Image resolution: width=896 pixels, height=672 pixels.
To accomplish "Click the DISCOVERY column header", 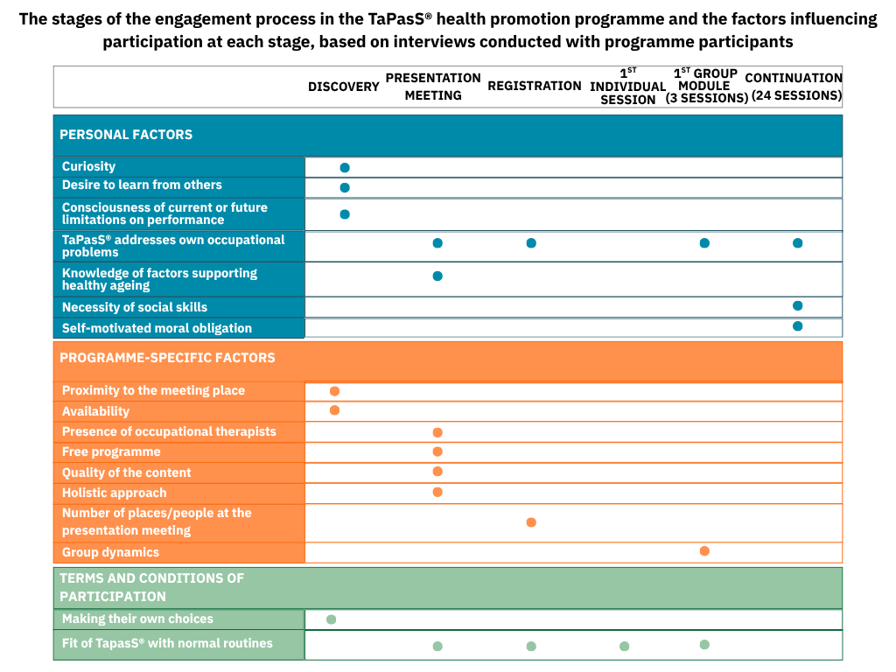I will click(x=343, y=87).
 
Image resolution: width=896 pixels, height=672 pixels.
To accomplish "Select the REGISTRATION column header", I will click(x=534, y=86).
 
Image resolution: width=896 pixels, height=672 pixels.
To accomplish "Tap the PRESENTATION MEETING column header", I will click(x=433, y=87).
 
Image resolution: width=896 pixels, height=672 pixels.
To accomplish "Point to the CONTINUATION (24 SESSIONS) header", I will click(x=794, y=87).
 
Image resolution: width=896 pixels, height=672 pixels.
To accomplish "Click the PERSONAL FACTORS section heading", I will click(x=126, y=135).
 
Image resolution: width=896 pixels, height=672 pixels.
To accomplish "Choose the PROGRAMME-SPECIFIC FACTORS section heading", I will click(x=167, y=358).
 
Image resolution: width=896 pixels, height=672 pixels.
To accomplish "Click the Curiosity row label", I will click(x=88, y=166).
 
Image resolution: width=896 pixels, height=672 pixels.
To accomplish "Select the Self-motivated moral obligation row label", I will click(x=157, y=328).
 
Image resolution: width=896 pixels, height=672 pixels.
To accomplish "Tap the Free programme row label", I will click(x=111, y=452).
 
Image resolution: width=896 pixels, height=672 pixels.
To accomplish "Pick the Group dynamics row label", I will click(x=110, y=552).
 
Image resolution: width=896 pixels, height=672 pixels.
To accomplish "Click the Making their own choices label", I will click(x=137, y=619).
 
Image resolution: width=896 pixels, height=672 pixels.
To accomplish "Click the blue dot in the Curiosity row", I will click(x=345, y=167).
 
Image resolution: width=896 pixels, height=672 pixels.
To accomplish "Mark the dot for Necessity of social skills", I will click(x=797, y=305).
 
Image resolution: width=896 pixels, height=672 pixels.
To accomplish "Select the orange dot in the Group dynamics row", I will click(x=704, y=551).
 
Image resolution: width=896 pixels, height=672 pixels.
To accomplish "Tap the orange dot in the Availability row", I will click(x=334, y=410).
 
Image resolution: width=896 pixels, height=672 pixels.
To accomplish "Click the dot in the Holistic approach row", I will click(x=437, y=492).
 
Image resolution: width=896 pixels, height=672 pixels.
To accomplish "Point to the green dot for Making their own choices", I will click(x=331, y=619).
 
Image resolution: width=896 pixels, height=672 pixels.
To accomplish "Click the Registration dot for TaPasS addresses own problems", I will click(x=531, y=243).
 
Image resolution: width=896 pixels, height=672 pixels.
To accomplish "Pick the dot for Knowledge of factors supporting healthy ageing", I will click(x=437, y=276).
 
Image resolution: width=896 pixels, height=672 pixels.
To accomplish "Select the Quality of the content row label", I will click(x=126, y=472).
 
